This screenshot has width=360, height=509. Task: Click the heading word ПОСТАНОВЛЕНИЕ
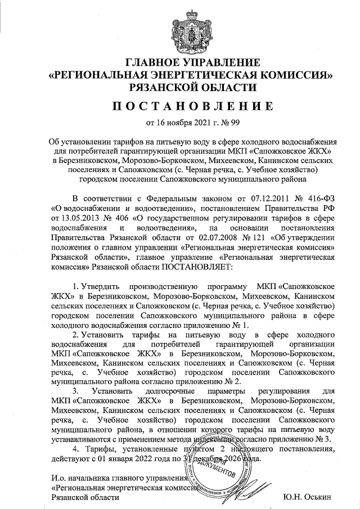(180, 106)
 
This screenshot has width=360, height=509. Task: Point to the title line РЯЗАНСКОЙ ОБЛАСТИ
(180, 87)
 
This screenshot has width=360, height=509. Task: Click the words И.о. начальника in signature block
(76, 478)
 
